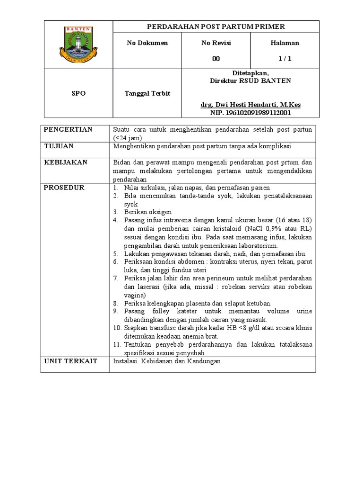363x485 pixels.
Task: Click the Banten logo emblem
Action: click(78, 45)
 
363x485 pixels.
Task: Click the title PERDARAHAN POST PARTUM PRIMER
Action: click(216, 27)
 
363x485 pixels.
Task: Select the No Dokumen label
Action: click(147, 43)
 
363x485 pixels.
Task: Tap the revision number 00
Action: click(216, 59)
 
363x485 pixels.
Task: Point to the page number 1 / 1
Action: click(285, 59)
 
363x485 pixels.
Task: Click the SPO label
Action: click(78, 93)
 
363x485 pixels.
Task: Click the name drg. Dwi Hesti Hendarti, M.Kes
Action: click(250, 105)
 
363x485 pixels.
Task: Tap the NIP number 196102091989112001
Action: click(250, 113)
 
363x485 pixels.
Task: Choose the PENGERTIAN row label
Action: click(68, 130)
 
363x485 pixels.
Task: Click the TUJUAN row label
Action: click(59, 146)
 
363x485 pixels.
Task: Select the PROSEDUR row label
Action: click(64, 188)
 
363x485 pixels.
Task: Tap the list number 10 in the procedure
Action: click(116, 327)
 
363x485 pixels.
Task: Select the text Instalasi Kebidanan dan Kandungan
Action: click(167, 361)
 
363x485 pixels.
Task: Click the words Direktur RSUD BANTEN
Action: click(250, 81)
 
